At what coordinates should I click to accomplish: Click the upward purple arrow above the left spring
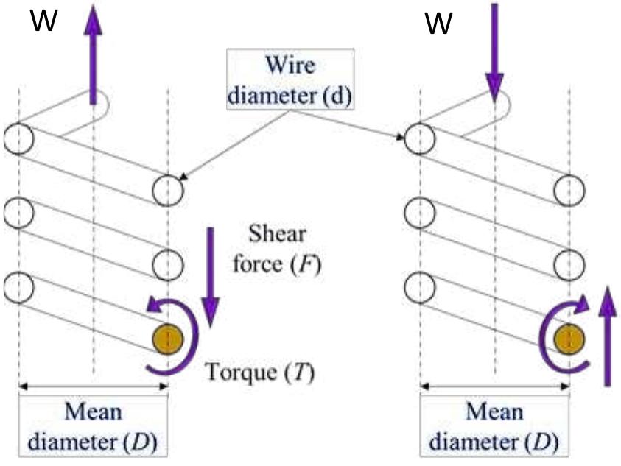pyautogui.click(x=94, y=55)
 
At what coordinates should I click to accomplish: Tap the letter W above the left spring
pyautogui.click(x=43, y=23)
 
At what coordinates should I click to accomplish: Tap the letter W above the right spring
pyautogui.click(x=439, y=24)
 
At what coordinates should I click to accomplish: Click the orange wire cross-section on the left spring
pyautogui.click(x=167, y=339)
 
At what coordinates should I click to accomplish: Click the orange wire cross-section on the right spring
pyautogui.click(x=569, y=339)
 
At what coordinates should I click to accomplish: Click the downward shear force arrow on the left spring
pyautogui.click(x=210, y=276)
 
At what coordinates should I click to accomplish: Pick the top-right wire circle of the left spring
pyautogui.click(x=167, y=190)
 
